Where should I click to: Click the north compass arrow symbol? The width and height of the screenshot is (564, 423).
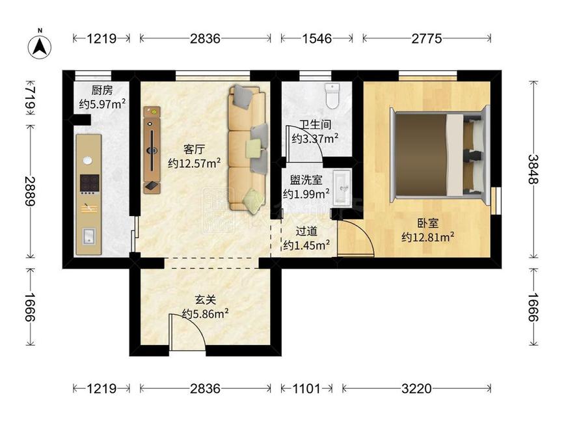40,47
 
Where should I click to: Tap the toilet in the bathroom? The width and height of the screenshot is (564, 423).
332,96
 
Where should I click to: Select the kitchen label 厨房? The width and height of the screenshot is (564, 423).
101,90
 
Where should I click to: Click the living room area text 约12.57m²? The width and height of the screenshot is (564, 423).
195,163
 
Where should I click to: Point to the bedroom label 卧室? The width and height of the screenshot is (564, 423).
427,223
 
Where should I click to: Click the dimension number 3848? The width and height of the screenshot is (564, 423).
533,169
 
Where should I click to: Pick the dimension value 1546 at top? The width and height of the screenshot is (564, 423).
317,38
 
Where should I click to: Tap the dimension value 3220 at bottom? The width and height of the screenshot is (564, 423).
416,389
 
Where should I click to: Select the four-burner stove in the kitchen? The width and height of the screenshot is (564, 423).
89,184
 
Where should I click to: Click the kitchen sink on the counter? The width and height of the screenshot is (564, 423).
88,236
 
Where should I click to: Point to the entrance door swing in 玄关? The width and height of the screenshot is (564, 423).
187,332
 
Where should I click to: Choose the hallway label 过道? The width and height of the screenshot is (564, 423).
306,231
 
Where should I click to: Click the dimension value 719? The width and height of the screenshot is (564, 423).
30,98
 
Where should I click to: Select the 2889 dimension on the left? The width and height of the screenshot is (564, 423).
30,191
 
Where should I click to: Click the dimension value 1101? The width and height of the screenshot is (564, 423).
306,389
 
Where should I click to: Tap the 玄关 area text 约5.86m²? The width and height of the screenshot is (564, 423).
206,314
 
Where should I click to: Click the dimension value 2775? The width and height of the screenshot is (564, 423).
427,38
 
